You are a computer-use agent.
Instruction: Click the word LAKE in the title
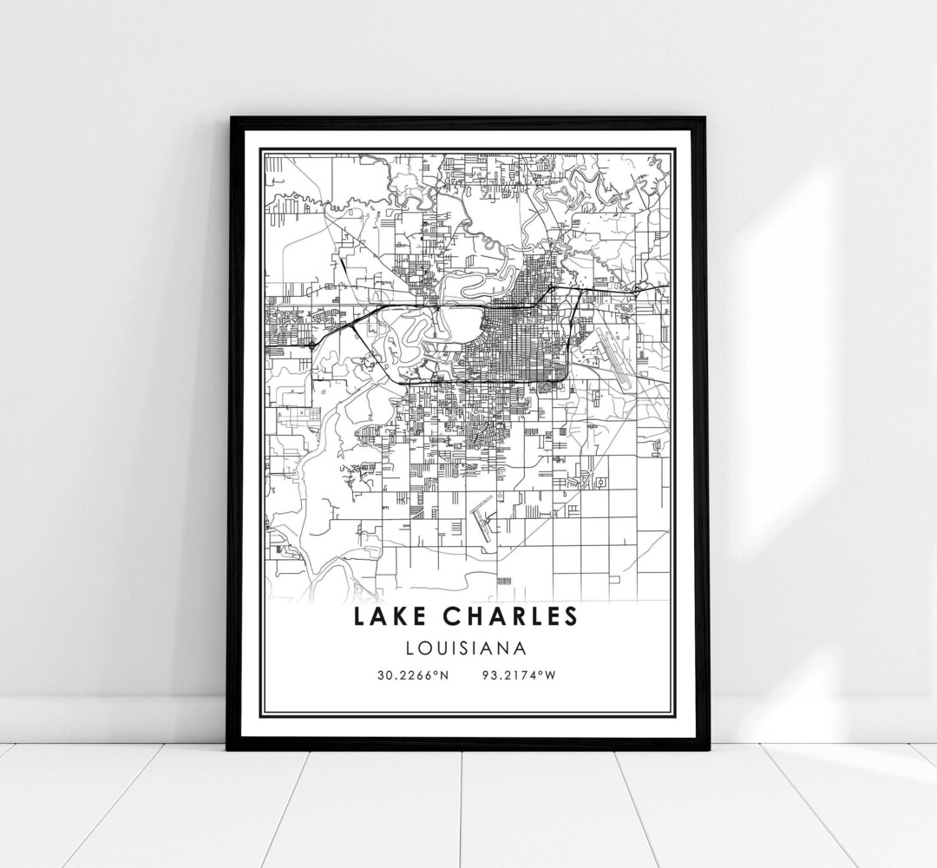(x=387, y=616)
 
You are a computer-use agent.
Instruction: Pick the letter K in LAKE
(x=396, y=616)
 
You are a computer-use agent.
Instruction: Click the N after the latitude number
(x=444, y=676)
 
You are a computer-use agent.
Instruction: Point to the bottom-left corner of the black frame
(x=229, y=748)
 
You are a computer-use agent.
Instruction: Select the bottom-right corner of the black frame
(x=705, y=748)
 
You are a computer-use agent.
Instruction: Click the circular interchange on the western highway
(x=311, y=345)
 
